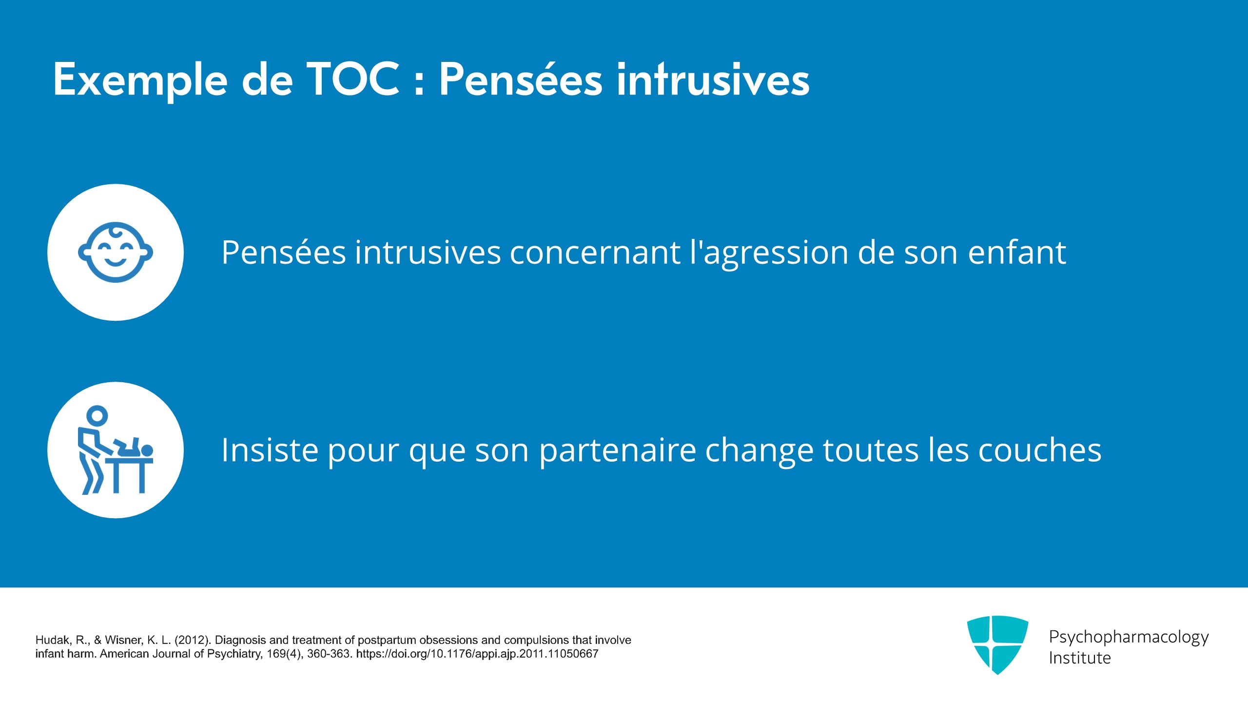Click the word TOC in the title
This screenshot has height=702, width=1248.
point(353,79)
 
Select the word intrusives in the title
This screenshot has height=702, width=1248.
point(713,79)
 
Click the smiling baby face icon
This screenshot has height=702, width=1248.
point(116,252)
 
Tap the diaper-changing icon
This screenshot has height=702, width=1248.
point(116,449)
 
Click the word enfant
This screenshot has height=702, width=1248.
point(1017,252)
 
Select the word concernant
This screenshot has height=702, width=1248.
point(595,253)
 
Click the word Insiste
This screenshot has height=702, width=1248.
point(270,449)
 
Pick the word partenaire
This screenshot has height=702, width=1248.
point(618,451)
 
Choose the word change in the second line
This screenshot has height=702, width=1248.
point(760,451)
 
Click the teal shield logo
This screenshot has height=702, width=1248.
point(997,644)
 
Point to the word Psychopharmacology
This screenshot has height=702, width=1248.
point(1129,637)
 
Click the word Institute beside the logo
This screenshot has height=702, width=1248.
point(1080,658)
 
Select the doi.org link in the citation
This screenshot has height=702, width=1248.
point(477,654)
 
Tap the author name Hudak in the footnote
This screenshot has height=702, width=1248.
point(54,640)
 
